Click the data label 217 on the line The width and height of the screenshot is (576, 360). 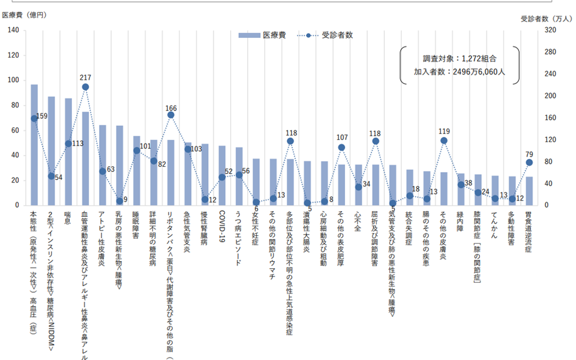85,78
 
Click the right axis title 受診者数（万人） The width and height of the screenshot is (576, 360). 547,19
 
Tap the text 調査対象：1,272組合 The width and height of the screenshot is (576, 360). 460,59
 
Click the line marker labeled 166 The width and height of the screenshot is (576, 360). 171,115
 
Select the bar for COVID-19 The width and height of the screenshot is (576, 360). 222,175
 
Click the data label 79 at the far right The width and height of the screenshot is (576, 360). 529,154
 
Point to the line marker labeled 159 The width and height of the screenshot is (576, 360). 34,118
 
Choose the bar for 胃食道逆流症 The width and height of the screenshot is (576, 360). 529,191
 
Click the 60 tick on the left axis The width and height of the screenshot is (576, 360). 15,130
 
